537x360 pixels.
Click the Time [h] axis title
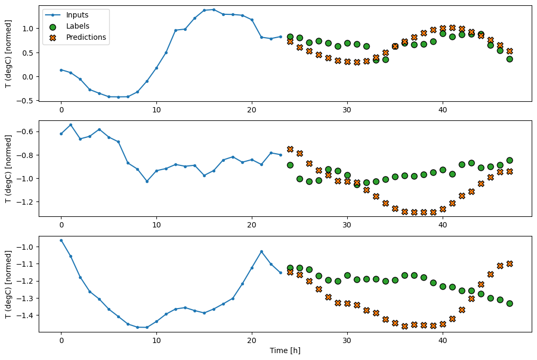pyautogui.click(x=285, y=350)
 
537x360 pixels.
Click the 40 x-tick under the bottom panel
pyautogui.click(x=443, y=340)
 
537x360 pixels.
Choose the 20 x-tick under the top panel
pyautogui.click(x=252, y=109)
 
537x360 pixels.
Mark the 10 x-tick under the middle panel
pyautogui.click(x=156, y=224)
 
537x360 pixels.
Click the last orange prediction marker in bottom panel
pyautogui.click(x=509, y=264)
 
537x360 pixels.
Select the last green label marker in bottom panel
pyautogui.click(x=509, y=303)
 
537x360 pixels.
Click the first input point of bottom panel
pyautogui.click(x=61, y=240)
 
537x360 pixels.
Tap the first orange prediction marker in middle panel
pyautogui.click(x=290, y=149)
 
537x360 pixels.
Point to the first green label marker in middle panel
pyautogui.click(x=290, y=165)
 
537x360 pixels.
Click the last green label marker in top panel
pyautogui.click(x=509, y=59)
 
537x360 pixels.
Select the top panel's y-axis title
pyautogui.click(x=8, y=53)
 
